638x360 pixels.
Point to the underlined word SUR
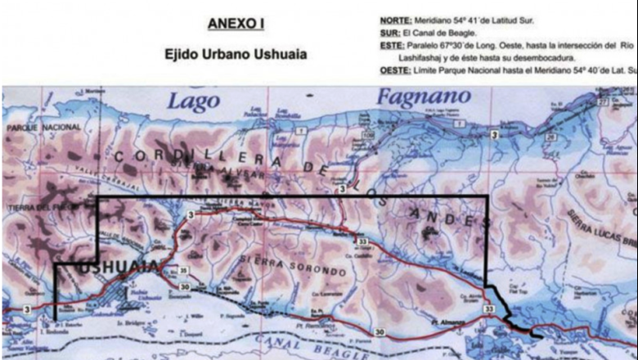pyautogui.click(x=389, y=32)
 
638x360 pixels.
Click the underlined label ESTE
pyautogui.click(x=393, y=46)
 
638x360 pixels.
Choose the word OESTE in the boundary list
pyautogui.click(x=396, y=72)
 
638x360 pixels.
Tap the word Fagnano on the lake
pyautogui.click(x=423, y=97)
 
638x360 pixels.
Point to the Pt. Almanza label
pyautogui.click(x=447, y=323)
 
